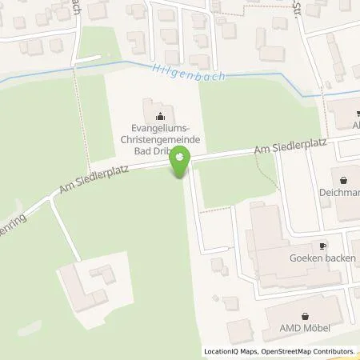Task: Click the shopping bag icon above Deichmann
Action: [x=344, y=180]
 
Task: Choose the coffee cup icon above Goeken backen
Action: [x=323, y=247]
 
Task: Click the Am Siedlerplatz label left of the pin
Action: [x=94, y=178]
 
